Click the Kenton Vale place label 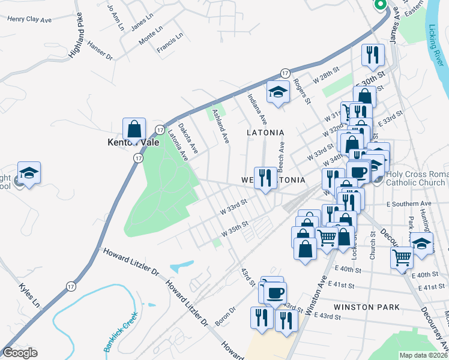(128, 143)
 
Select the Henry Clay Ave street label (29, 19)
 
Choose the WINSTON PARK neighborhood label (367, 307)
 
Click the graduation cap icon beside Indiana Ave (278, 92)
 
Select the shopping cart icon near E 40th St (402, 257)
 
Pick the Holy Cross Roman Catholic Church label (417, 178)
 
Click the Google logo (20, 353)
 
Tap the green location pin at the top (380, 5)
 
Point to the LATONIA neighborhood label (265, 131)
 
